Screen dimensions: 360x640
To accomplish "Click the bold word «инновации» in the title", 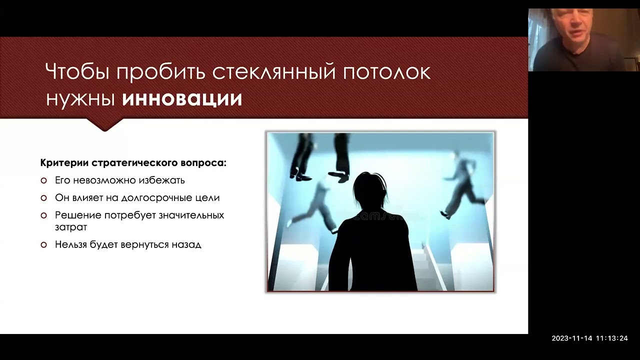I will pos(182,98).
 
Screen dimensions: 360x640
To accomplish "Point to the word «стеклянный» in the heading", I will pos(273,72).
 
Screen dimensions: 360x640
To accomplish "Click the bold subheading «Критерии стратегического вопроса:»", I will pos(133,163).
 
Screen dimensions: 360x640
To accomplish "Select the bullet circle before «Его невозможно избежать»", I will pos(44,180).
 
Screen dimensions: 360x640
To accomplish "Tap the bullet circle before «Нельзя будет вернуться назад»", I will pos(44,245).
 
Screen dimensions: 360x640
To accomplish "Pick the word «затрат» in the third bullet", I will pos(71,227).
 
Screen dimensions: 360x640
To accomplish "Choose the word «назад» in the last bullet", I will pos(186,245).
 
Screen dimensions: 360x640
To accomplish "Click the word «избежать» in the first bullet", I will pos(164,180).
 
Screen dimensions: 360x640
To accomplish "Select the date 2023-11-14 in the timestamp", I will pos(571,338).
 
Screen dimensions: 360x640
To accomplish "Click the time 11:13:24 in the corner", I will pos(611,338).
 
